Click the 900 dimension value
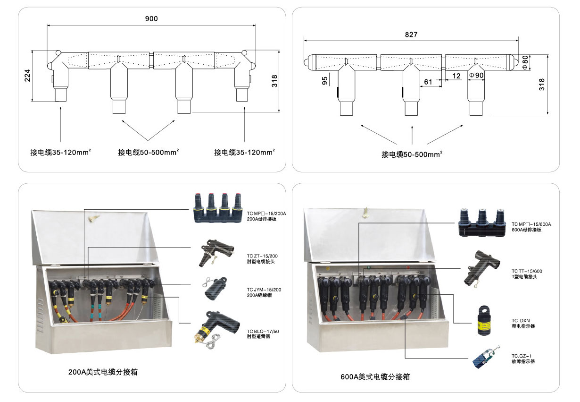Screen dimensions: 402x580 click(x=151, y=19)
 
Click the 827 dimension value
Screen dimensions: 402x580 click(x=411, y=34)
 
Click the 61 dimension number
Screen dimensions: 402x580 click(x=428, y=82)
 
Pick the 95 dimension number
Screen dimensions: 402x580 click(x=325, y=81)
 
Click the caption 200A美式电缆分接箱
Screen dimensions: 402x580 click(x=103, y=372)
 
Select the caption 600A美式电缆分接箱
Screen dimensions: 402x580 click(x=375, y=377)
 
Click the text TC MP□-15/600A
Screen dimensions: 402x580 click(x=531, y=224)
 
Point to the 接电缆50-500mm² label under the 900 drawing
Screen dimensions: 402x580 click(x=149, y=152)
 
